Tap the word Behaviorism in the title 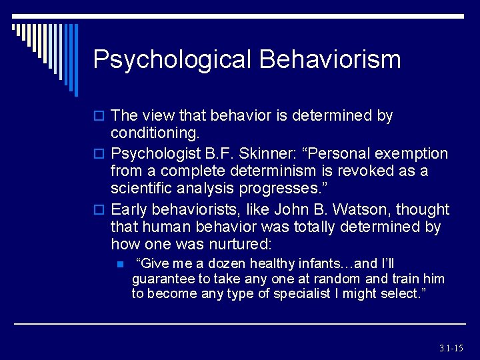(330, 59)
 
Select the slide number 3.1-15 (451, 348)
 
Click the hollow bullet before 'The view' (99, 117)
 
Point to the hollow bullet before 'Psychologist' (99, 155)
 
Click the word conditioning (154, 134)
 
